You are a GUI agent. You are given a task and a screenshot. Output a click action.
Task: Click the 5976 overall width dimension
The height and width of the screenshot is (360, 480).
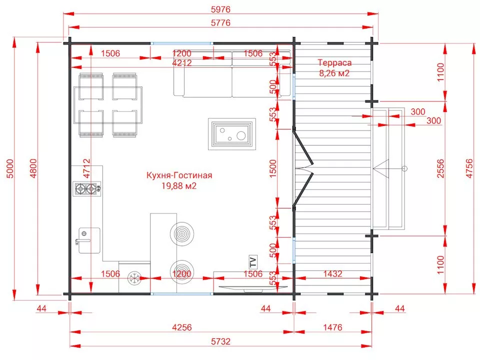(x=220, y=9)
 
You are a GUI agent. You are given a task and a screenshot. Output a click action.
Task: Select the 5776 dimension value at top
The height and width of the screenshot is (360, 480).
(x=220, y=23)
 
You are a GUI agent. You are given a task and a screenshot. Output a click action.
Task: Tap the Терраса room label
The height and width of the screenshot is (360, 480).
(x=334, y=63)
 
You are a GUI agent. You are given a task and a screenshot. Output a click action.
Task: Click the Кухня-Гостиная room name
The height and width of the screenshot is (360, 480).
(x=179, y=175)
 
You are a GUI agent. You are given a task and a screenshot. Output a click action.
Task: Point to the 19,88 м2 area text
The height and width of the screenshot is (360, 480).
(x=179, y=186)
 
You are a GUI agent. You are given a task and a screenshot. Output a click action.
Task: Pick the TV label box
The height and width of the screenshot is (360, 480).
(x=253, y=262)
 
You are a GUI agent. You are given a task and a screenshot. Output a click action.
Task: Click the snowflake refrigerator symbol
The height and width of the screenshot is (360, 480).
(x=134, y=278)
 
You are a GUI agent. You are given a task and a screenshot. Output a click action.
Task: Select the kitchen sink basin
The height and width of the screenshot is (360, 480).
(x=89, y=240)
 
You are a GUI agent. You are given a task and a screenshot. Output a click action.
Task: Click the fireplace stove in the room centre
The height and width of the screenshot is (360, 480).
(x=232, y=134)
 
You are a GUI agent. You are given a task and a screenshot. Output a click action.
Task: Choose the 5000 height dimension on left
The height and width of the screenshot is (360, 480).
(x=10, y=168)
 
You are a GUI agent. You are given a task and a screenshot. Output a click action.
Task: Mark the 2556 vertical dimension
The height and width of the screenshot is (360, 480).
(x=440, y=168)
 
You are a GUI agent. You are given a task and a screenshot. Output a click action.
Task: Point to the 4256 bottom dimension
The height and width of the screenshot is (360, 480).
(x=182, y=327)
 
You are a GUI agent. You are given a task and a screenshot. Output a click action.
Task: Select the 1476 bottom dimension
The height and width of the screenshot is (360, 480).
(x=333, y=327)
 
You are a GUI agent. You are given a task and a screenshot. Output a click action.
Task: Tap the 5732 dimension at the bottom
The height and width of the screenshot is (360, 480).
(x=220, y=341)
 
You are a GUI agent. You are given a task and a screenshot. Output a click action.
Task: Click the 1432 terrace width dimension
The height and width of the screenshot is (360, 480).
(x=333, y=273)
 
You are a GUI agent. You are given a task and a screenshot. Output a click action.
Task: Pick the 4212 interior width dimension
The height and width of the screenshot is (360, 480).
(x=182, y=63)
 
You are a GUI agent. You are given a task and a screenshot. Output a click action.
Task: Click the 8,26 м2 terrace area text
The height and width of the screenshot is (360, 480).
(x=334, y=73)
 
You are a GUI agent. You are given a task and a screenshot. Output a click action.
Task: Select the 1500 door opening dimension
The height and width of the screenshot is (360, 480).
(x=272, y=168)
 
